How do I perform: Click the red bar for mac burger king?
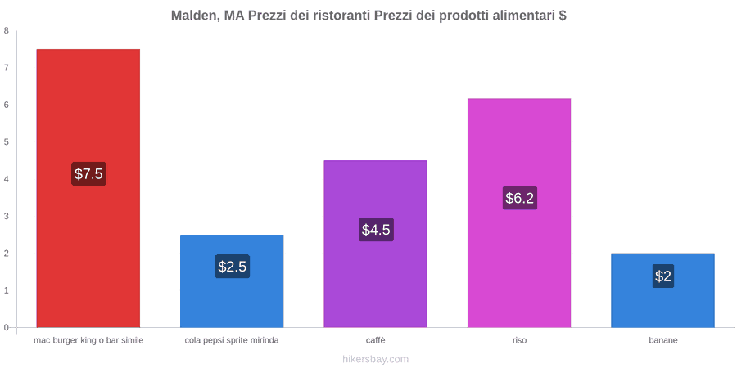[88, 188]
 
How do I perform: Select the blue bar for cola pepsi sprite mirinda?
[232, 280]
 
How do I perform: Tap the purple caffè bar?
[376, 244]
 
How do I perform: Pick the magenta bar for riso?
[519, 213]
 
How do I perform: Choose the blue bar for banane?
[662, 290]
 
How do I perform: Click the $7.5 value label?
[88, 173]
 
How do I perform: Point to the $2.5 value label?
[233, 266]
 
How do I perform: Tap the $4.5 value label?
[376, 230]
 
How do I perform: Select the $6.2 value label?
[519, 198]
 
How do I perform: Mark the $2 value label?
[663, 276]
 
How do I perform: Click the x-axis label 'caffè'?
[376, 340]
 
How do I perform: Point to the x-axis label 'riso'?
[519, 340]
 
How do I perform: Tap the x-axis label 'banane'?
[663, 340]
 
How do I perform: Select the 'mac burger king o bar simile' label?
[88, 340]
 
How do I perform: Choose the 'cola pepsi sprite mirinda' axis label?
[232, 340]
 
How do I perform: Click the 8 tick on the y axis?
[7, 31]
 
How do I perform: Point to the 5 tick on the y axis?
[7, 142]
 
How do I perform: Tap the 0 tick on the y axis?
[7, 328]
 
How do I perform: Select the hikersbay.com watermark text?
[376, 359]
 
